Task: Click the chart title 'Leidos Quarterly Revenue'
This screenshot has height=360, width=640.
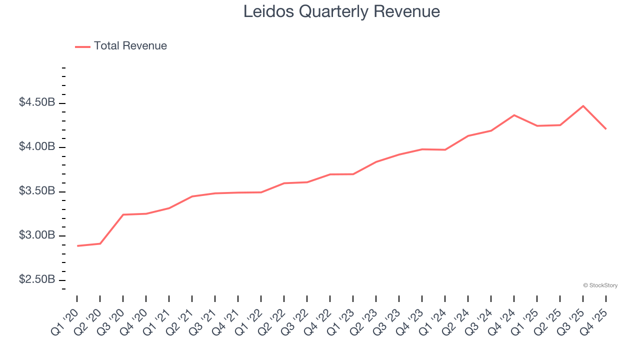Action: (x=341, y=11)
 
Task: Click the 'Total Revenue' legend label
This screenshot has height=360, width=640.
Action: (x=130, y=46)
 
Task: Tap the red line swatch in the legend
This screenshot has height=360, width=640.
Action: (x=82, y=46)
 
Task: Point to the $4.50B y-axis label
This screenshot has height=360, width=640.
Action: (x=37, y=102)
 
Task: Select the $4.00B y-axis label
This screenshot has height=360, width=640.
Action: (x=37, y=147)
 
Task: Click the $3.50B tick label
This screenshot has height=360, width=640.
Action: (x=37, y=191)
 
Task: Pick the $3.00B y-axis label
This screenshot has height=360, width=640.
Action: (x=37, y=235)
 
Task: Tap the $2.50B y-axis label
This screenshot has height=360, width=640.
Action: (x=37, y=279)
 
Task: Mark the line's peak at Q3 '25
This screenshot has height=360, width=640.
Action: (x=583, y=106)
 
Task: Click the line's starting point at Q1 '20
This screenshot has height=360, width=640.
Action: (x=77, y=246)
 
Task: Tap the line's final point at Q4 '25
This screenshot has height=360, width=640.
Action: (x=606, y=129)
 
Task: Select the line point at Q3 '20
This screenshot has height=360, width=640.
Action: (x=123, y=214)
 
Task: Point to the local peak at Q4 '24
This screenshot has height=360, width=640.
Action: (x=514, y=115)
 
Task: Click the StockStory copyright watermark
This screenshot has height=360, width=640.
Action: (x=600, y=285)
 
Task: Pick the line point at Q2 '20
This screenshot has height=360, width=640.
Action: (x=100, y=243)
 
